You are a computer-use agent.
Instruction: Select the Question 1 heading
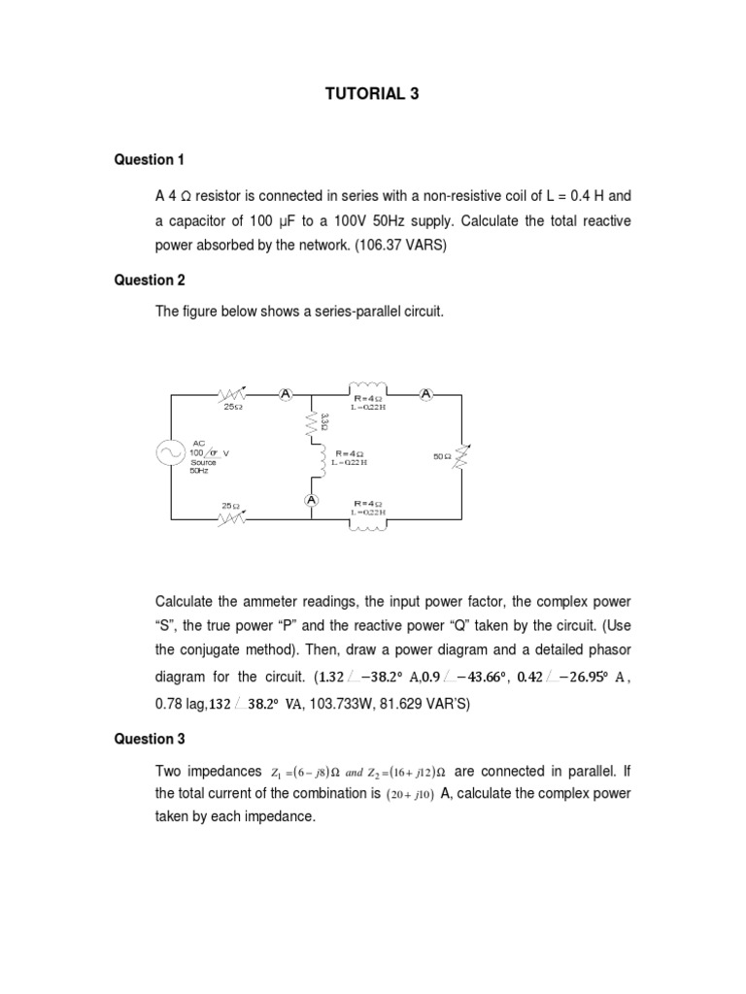coord(150,159)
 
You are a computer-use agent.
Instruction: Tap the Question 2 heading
coord(150,281)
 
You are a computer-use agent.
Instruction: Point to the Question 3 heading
coord(150,739)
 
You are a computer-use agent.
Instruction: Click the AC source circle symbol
coord(171,453)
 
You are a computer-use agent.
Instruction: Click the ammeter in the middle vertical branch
coord(311,500)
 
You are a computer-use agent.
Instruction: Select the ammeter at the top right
coord(425,393)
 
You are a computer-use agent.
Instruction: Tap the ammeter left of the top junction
coord(286,393)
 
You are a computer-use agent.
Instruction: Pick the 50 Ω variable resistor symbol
coord(460,454)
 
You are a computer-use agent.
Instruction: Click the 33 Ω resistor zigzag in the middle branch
coord(312,422)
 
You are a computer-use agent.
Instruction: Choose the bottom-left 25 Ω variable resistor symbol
coord(231,517)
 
